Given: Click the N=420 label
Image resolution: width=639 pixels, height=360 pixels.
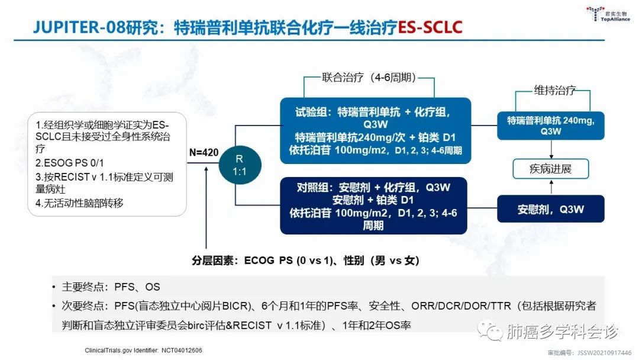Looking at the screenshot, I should (203, 152).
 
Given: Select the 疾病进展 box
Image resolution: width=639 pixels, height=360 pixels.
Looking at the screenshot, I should (550, 170).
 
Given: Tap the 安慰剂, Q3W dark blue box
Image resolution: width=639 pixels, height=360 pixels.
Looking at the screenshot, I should (550, 209).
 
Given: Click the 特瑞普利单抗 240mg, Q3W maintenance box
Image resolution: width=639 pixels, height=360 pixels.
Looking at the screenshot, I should (550, 125).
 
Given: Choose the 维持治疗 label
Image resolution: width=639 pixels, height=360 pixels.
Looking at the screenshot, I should (555, 91).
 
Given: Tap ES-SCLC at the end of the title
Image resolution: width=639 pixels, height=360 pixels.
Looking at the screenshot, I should (430, 27).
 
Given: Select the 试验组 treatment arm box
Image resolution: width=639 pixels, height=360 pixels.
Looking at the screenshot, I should (376, 130).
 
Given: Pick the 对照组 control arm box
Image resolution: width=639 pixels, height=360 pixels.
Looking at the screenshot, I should (373, 205).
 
